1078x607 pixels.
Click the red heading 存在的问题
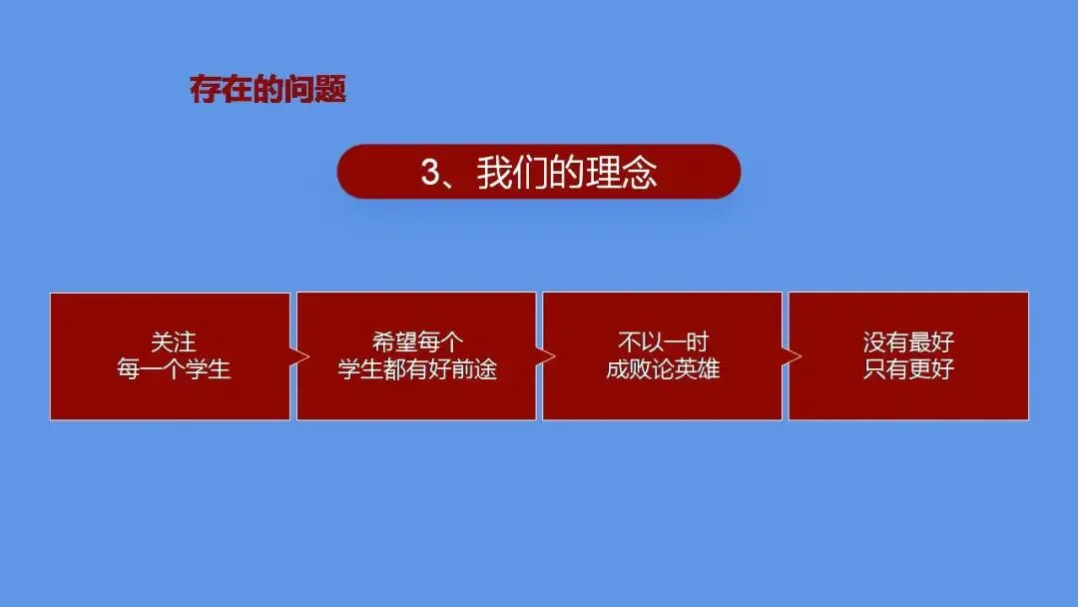(x=268, y=89)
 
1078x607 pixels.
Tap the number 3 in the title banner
(x=431, y=172)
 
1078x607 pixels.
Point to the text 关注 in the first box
(x=174, y=341)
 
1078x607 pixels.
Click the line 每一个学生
(x=174, y=369)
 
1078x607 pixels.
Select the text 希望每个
(x=417, y=341)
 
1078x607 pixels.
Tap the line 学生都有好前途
(x=417, y=369)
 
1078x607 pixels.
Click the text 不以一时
(x=663, y=341)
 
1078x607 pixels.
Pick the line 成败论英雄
(x=663, y=369)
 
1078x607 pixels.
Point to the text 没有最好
(x=908, y=341)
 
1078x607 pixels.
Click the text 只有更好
(x=908, y=369)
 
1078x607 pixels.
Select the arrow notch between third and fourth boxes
(x=792, y=356)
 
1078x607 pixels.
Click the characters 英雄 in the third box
(x=697, y=369)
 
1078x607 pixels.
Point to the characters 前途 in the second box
(x=475, y=369)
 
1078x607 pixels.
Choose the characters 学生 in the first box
(x=208, y=369)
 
